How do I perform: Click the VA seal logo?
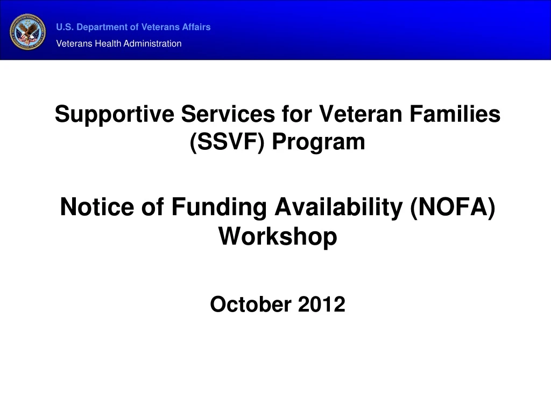point(28,32)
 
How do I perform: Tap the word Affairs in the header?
point(196,27)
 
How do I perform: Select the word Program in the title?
point(318,142)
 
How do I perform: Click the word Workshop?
point(278,236)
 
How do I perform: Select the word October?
point(251,305)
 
